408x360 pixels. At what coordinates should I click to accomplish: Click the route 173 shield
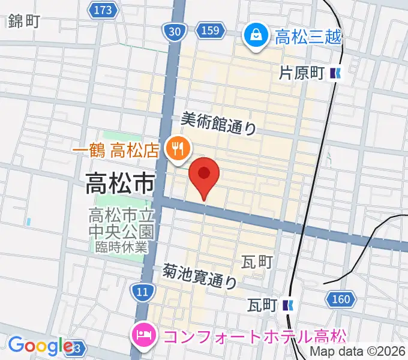[103, 10]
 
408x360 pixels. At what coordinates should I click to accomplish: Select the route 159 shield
[211, 31]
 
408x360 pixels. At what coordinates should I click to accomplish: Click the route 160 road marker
[340, 298]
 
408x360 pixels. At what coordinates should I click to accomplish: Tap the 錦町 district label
[25, 22]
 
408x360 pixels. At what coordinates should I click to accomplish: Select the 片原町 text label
[302, 74]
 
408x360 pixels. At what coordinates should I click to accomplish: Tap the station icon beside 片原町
[335, 74]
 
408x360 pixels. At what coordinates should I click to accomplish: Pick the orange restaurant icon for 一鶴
[178, 146]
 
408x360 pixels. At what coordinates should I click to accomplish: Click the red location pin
[204, 175]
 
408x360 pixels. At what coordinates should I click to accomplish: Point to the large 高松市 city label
[120, 183]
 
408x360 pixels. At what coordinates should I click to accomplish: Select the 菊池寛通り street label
[200, 275]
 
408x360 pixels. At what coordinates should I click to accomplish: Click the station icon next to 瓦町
[288, 305]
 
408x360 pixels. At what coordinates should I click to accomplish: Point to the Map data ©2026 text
[358, 352]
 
